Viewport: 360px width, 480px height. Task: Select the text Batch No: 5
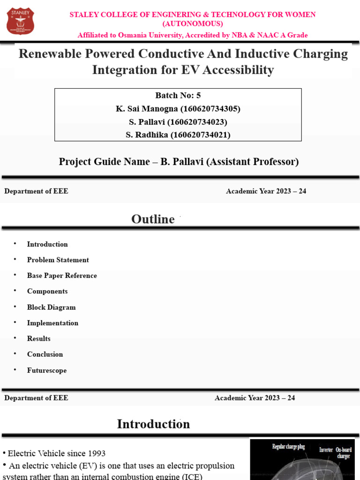pos(178,96)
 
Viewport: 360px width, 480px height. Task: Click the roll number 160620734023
pos(197,122)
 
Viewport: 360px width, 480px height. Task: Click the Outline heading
pos(153,219)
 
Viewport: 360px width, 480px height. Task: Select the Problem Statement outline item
pos(58,260)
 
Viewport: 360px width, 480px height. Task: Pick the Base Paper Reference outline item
pos(62,276)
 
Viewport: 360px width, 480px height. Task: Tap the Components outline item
pos(47,291)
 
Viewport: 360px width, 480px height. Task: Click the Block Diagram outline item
pos(51,307)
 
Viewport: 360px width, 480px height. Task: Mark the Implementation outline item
pos(52,323)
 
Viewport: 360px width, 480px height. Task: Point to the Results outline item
pos(39,338)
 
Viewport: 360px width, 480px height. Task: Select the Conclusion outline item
pos(45,354)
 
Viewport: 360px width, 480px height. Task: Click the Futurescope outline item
pos(47,370)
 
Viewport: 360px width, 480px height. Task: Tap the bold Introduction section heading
pos(153,424)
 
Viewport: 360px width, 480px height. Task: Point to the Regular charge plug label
pos(288,447)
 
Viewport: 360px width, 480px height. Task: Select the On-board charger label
pos(344,453)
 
